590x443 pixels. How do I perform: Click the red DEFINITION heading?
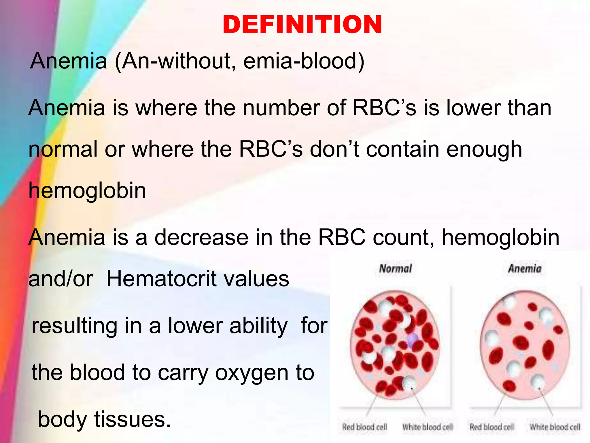[302, 25]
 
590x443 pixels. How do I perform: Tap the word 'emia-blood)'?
[304, 61]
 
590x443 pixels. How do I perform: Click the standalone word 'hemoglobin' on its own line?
[87, 191]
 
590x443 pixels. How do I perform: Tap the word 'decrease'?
[201, 237]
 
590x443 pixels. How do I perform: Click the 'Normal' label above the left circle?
[396, 269]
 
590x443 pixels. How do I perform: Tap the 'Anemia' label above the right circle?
[525, 269]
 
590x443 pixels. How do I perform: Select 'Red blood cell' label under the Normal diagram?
[364, 427]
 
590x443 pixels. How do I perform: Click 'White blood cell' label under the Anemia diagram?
[555, 427]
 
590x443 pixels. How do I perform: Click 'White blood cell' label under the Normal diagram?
[428, 427]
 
